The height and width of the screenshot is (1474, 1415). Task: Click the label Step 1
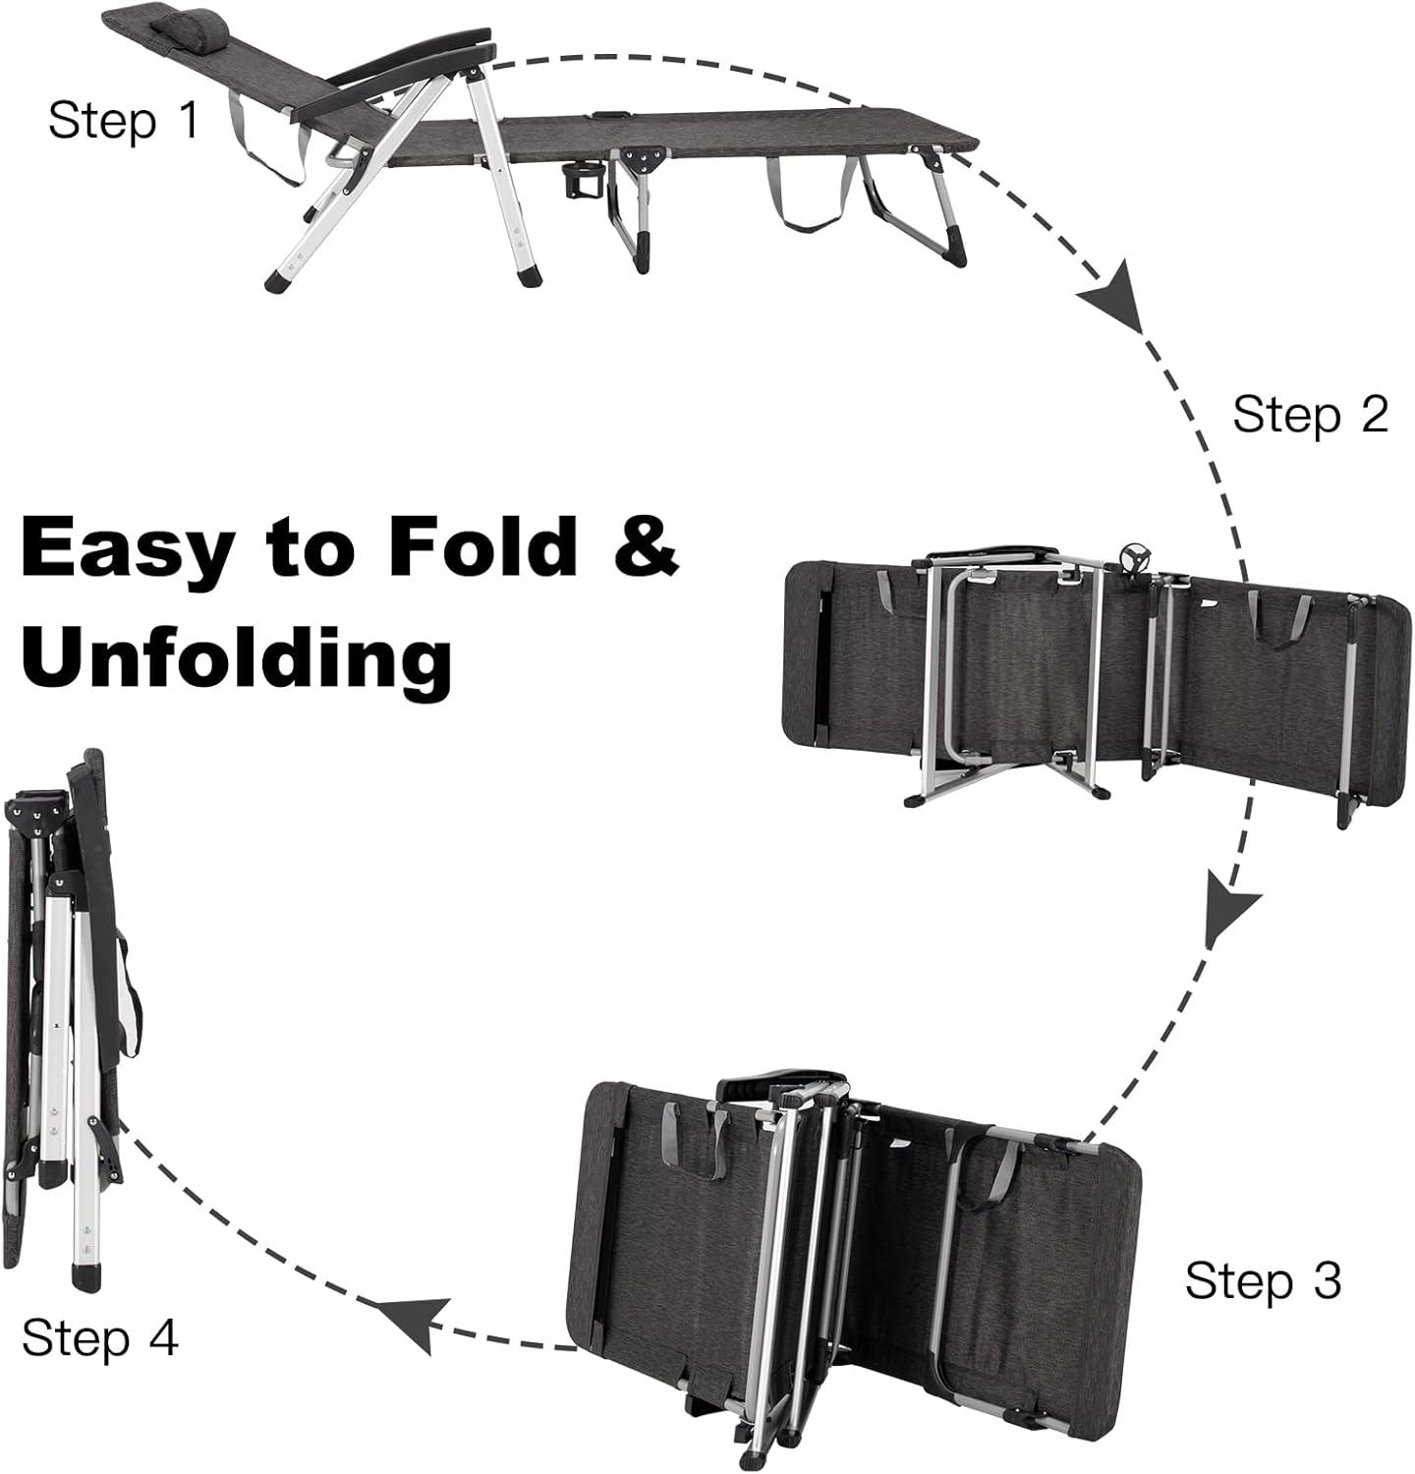click(123, 121)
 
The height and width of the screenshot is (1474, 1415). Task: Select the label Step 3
click(1263, 1280)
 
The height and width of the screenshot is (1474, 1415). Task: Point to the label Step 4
click(100, 1337)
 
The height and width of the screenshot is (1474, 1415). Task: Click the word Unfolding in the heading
click(237, 656)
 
